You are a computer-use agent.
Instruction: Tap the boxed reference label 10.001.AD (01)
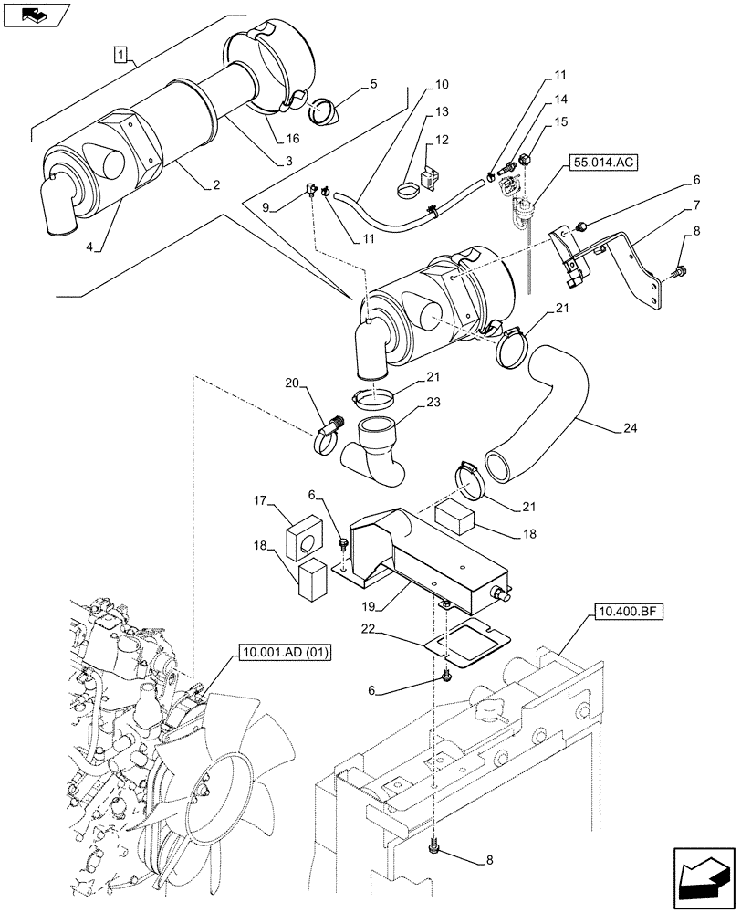click(x=286, y=652)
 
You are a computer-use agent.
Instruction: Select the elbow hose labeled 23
click(x=376, y=451)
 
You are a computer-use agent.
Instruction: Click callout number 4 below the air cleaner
click(x=88, y=246)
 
